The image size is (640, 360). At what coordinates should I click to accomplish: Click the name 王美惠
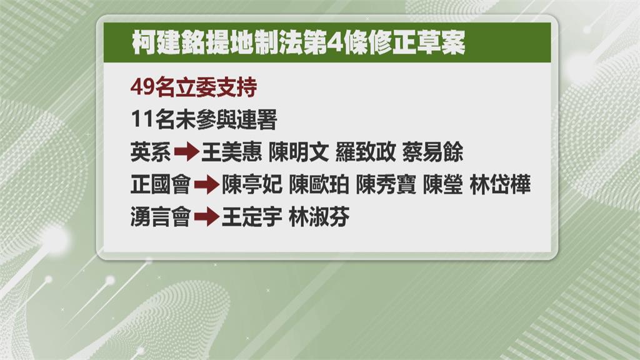click(231, 152)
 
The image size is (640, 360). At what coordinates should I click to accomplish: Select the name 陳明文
click(299, 152)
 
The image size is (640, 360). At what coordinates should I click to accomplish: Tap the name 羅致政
click(366, 152)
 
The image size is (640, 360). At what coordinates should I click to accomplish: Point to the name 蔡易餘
click(432, 152)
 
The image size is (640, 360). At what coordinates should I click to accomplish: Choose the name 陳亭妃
click(252, 184)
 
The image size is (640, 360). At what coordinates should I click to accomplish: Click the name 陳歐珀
click(319, 184)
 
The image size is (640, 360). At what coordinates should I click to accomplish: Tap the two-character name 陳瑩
click(443, 184)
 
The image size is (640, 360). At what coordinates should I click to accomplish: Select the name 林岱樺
click(500, 184)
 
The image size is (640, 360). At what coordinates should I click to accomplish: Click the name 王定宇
click(252, 217)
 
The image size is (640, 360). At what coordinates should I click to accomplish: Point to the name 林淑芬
click(319, 217)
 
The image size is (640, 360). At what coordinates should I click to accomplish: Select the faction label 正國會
click(161, 184)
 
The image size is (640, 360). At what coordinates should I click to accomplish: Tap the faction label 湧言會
click(161, 217)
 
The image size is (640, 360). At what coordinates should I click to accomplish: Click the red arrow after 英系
click(186, 152)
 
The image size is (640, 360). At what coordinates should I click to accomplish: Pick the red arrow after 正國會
click(207, 185)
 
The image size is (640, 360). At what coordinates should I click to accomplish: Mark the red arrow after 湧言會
click(207, 217)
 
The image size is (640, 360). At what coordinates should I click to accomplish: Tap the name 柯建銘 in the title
click(168, 42)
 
